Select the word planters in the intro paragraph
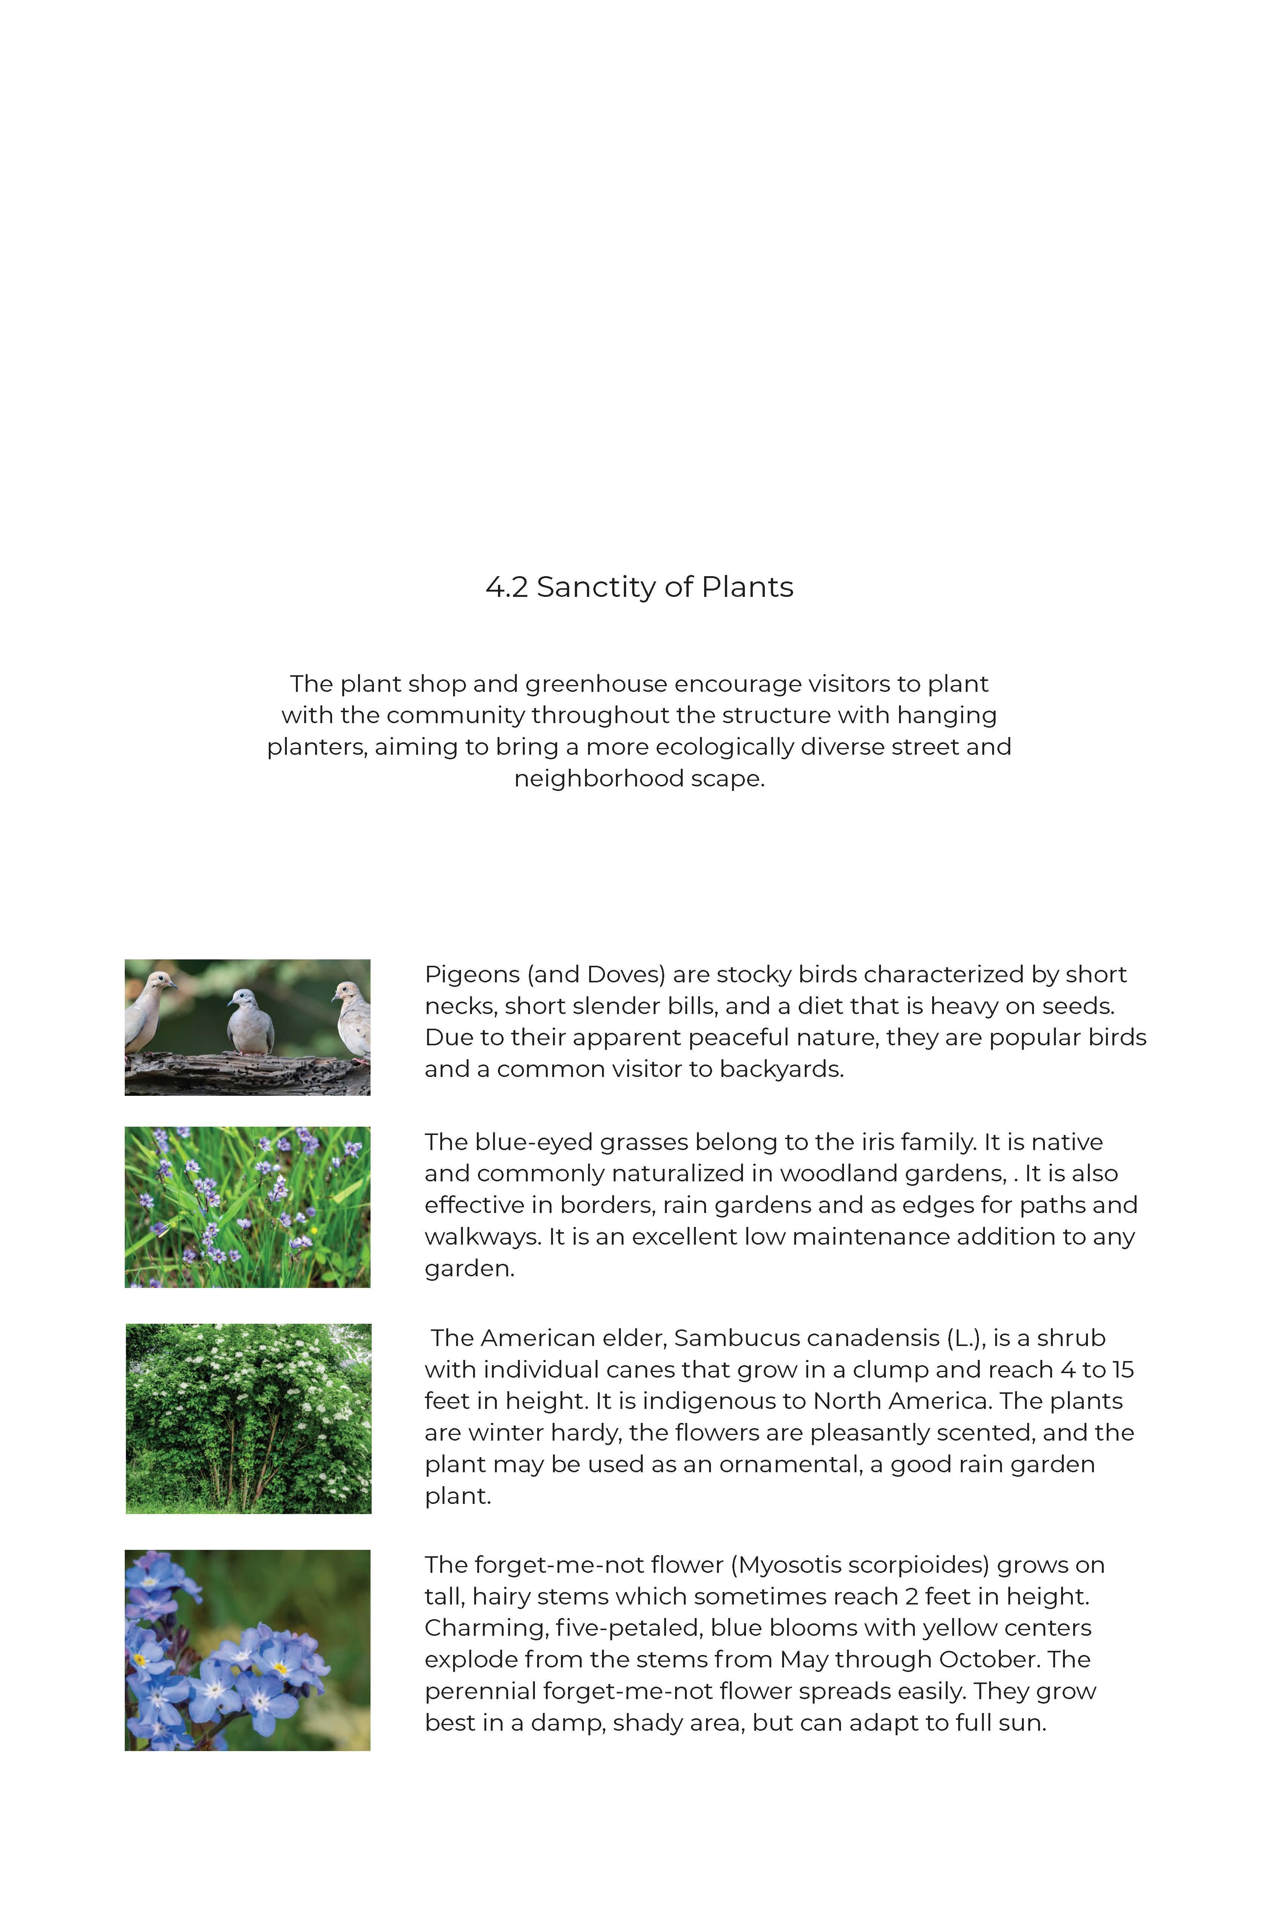point(317,747)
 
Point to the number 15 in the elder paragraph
point(1123,1370)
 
